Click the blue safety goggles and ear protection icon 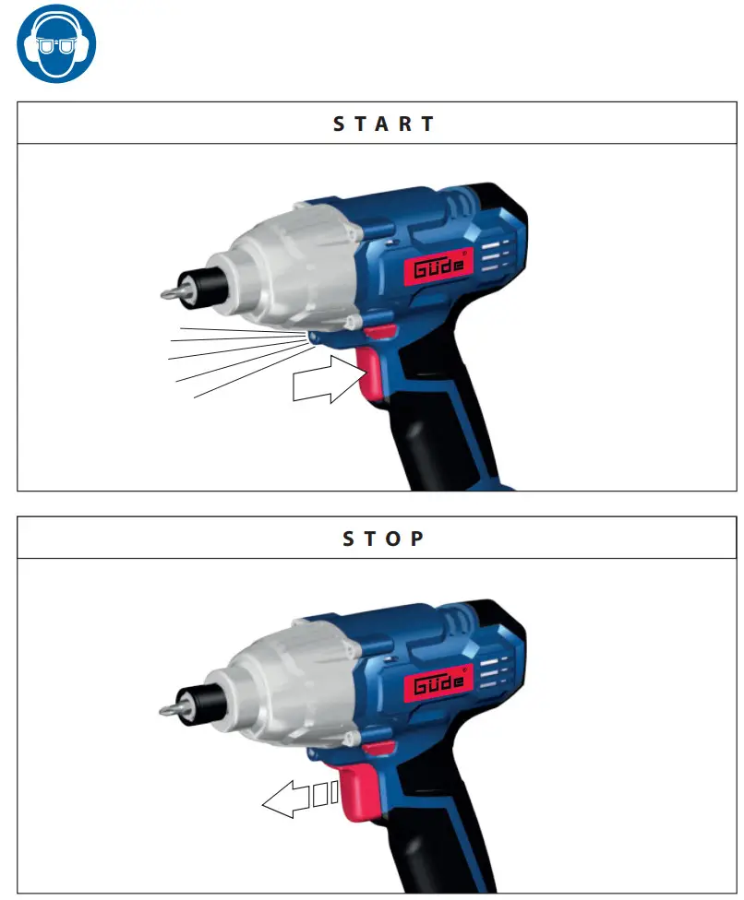[56, 44]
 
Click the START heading [383, 124]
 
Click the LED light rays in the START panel [231, 355]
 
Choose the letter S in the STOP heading [349, 539]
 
